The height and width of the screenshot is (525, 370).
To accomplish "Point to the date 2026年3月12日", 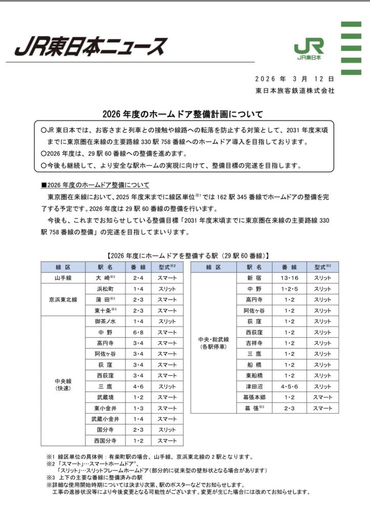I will pos(295,79).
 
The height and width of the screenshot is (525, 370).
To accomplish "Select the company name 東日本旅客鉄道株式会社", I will pos(295,90).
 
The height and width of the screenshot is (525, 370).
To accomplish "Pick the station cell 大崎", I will pos(105,278).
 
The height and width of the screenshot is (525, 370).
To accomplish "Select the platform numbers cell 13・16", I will pos(289,278).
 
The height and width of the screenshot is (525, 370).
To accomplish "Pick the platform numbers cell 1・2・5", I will pos(289,289).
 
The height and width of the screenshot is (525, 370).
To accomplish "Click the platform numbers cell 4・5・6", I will pos(289,386).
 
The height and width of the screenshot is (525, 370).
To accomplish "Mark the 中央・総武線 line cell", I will pos(213,342).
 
